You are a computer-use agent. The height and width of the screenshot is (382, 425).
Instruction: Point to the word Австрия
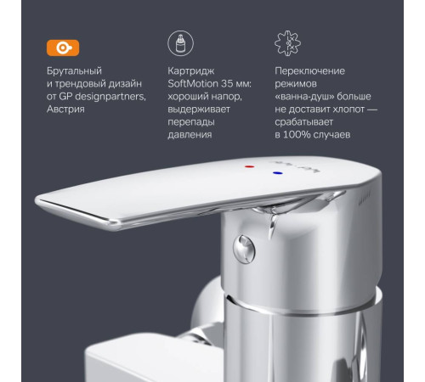pos(71,110)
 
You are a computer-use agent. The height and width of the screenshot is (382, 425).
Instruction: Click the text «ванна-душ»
pos(308,98)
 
